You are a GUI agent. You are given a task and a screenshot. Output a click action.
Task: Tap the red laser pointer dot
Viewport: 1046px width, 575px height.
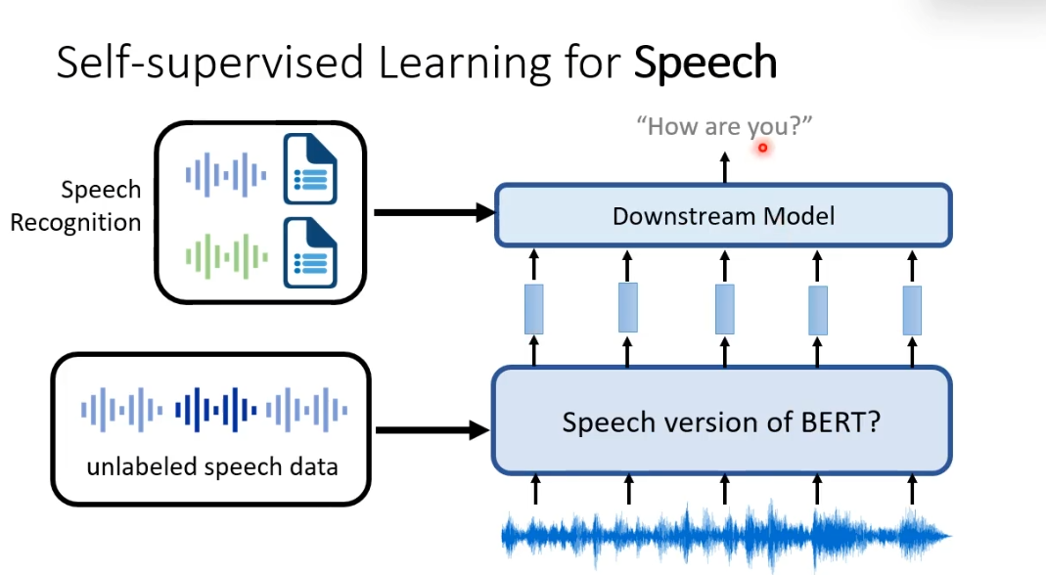click(x=762, y=149)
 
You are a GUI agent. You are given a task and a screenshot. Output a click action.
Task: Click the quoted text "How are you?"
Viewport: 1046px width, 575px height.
click(x=724, y=127)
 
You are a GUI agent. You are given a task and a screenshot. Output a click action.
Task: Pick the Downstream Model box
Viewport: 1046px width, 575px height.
click(x=723, y=215)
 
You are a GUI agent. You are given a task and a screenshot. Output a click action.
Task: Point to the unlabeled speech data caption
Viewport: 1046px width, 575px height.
click(x=211, y=466)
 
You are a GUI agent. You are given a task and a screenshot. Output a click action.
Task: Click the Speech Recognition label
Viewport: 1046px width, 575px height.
click(x=76, y=205)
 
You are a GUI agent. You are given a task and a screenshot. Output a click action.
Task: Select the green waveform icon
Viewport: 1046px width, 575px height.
click(x=226, y=256)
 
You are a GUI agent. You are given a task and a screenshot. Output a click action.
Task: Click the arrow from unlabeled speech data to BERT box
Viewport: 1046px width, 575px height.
click(x=432, y=429)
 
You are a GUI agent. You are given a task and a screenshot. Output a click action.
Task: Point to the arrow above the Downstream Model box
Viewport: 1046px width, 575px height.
click(x=724, y=166)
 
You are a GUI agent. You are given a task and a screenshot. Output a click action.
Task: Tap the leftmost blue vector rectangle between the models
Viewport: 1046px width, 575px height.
click(x=534, y=308)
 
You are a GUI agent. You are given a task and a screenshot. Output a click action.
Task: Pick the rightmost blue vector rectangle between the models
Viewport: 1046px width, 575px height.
click(x=912, y=309)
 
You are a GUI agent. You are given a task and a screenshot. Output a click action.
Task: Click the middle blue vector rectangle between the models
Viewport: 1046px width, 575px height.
click(x=724, y=309)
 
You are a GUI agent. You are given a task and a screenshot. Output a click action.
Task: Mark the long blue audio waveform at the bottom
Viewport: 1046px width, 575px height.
click(x=724, y=535)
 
